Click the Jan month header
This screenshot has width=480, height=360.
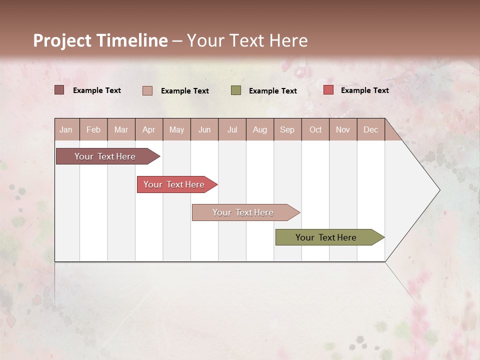click(x=66, y=129)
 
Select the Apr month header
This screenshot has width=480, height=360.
click(x=148, y=129)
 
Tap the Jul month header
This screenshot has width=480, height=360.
click(x=232, y=129)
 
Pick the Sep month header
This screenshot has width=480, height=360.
click(x=287, y=129)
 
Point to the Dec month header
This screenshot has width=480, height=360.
click(x=370, y=129)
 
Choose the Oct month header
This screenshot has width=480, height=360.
click(x=315, y=129)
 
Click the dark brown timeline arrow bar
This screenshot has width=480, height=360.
click(x=105, y=156)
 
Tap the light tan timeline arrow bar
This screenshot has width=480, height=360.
click(x=243, y=212)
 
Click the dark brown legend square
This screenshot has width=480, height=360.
click(x=59, y=90)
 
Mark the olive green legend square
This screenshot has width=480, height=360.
click(x=236, y=90)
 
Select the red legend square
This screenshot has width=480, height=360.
click(x=328, y=90)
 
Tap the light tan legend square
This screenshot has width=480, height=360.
click(x=147, y=90)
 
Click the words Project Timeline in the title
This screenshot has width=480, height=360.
click(x=100, y=40)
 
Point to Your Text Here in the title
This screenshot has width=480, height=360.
click(x=247, y=40)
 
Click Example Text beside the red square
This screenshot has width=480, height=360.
click(x=364, y=90)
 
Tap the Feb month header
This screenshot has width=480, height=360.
click(x=93, y=129)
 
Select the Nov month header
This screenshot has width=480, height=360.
click(x=342, y=129)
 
